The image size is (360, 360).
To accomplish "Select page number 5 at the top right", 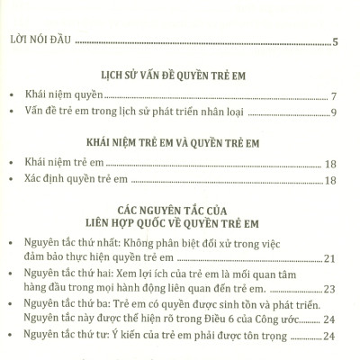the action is [335, 41].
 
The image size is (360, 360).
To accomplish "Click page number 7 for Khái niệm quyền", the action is [334, 95].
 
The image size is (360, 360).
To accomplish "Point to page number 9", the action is [334, 112].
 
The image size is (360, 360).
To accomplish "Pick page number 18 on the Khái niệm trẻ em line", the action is [330, 163].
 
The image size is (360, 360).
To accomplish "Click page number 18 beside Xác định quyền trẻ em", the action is [330, 181].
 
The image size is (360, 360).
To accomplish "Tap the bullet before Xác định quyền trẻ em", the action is [11, 181].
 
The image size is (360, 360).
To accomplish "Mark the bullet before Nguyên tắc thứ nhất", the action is [11, 245].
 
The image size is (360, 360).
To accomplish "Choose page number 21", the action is [329, 260].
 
